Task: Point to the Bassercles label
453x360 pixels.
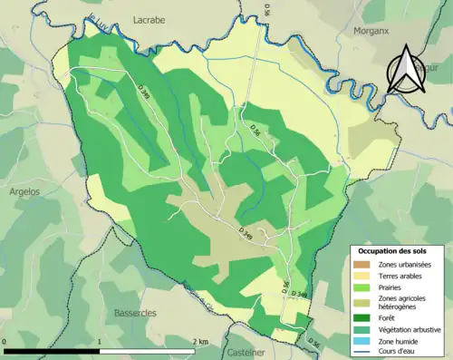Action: point(136,313)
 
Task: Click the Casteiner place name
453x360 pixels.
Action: point(246,352)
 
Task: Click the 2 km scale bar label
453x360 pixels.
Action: point(202,343)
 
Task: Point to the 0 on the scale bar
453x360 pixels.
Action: point(6,343)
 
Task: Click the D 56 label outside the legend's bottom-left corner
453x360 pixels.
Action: point(313,342)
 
